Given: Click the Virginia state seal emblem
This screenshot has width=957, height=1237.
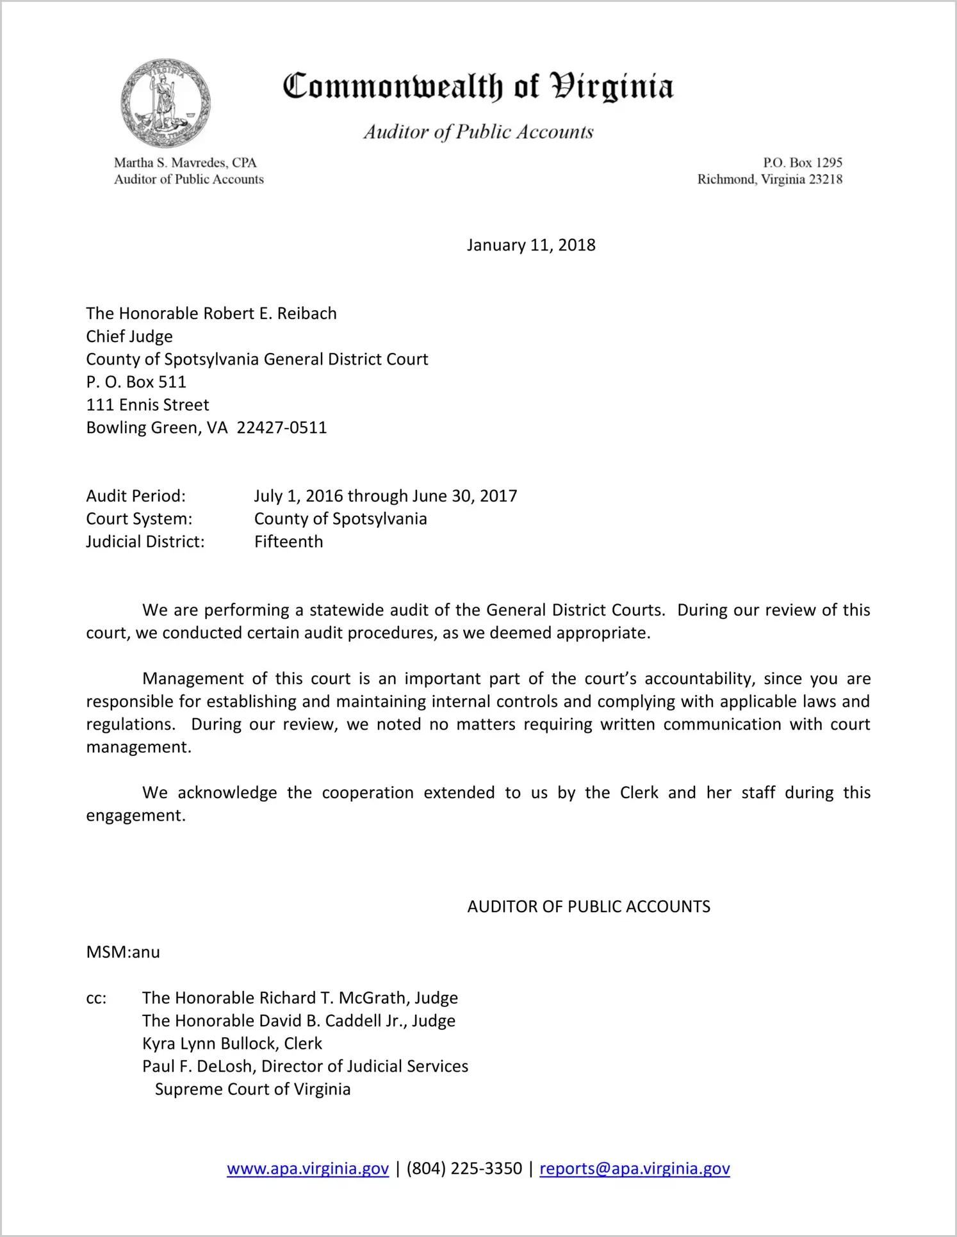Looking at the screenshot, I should pyautogui.click(x=165, y=104).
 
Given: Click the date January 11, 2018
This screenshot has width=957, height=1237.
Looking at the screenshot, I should pyautogui.click(x=530, y=245).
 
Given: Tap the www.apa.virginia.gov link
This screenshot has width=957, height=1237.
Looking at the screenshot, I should pyautogui.click(x=307, y=1168).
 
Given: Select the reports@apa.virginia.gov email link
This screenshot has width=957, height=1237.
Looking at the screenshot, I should pyautogui.click(x=634, y=1168).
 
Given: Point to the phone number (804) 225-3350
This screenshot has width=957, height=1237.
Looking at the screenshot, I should pyautogui.click(x=464, y=1168).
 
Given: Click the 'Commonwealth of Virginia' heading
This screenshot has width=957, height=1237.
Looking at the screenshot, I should pyautogui.click(x=478, y=87).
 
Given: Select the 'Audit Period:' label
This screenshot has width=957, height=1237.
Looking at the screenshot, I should pyautogui.click(x=136, y=496).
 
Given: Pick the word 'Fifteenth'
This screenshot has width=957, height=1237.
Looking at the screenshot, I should pyautogui.click(x=288, y=542).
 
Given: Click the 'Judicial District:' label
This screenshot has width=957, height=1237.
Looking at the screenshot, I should pyautogui.click(x=145, y=542).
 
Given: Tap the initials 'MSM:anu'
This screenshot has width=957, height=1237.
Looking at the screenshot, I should pyautogui.click(x=123, y=952).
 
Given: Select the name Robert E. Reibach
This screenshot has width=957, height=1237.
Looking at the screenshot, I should pyautogui.click(x=270, y=313).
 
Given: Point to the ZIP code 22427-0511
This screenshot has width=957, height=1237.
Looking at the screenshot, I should pyautogui.click(x=282, y=428).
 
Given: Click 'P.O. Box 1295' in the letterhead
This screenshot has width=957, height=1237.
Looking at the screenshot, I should pyautogui.click(x=802, y=163).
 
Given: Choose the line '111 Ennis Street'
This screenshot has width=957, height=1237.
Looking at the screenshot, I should pyautogui.click(x=147, y=405).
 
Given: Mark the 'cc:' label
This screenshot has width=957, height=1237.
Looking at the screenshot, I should pyautogui.click(x=96, y=998).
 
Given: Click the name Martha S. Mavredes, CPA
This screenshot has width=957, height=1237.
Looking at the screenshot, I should pyautogui.click(x=185, y=163).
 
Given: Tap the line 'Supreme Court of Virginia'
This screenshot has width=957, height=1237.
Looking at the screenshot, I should pyautogui.click(x=252, y=1090).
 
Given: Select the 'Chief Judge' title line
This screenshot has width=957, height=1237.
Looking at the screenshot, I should pyautogui.click(x=129, y=336).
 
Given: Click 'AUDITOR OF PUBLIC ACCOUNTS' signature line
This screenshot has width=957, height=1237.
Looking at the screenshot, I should pyautogui.click(x=588, y=906).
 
